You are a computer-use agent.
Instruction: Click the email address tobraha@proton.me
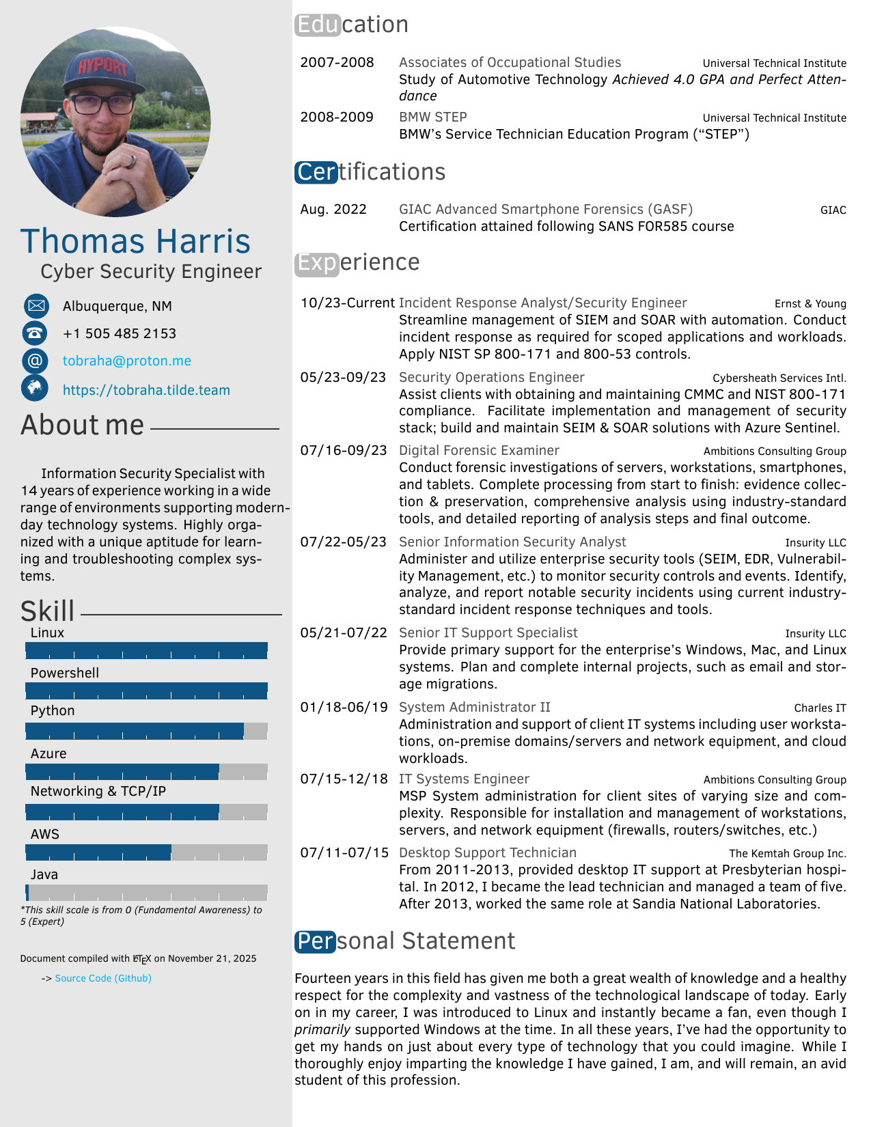tap(126, 361)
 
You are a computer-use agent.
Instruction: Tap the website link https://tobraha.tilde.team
tap(146, 391)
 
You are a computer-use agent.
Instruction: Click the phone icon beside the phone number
tap(35, 333)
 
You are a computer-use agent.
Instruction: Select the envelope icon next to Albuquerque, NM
tap(36, 306)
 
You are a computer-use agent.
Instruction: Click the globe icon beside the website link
tap(35, 388)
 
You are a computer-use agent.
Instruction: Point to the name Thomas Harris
tap(136, 242)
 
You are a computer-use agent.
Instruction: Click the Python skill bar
tap(146, 732)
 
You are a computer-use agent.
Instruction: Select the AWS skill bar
tap(146, 852)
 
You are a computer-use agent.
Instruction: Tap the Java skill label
tap(44, 875)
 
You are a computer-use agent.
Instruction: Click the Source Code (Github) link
tap(103, 979)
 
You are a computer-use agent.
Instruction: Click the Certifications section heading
tap(370, 172)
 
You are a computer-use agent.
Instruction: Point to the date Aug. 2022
tap(333, 210)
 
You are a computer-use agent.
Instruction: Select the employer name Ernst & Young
tap(810, 304)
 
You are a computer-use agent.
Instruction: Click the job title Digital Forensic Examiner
tap(479, 451)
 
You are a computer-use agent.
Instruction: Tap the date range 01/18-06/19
tap(344, 708)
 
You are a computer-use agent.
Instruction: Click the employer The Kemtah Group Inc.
tap(787, 854)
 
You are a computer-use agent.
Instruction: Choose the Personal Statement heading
tap(404, 941)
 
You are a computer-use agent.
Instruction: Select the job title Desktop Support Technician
tap(488, 853)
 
